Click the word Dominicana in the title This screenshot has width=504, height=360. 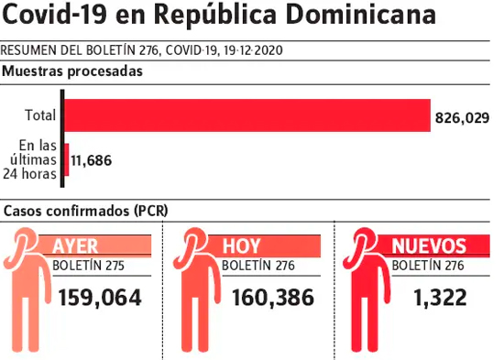point(360,15)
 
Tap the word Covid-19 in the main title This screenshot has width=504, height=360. point(54,15)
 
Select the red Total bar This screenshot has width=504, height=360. point(247,115)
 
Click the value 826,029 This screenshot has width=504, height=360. point(462,118)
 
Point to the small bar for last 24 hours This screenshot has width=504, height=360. point(67,159)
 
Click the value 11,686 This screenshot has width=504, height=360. point(92,160)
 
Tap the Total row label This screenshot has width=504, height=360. point(40,115)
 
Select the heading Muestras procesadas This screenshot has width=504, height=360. point(72,71)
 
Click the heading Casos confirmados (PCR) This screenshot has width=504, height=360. point(86,211)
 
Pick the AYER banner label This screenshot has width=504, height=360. point(75,246)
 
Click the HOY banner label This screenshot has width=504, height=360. point(241,246)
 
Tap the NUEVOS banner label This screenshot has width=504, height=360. point(429,246)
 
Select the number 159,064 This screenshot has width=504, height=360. point(100,298)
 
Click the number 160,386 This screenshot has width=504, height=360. point(273,298)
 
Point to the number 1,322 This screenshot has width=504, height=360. point(440,298)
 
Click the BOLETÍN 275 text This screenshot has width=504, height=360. point(88,266)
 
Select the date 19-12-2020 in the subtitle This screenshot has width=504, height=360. point(253,50)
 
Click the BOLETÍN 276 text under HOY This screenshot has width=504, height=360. point(258,266)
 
